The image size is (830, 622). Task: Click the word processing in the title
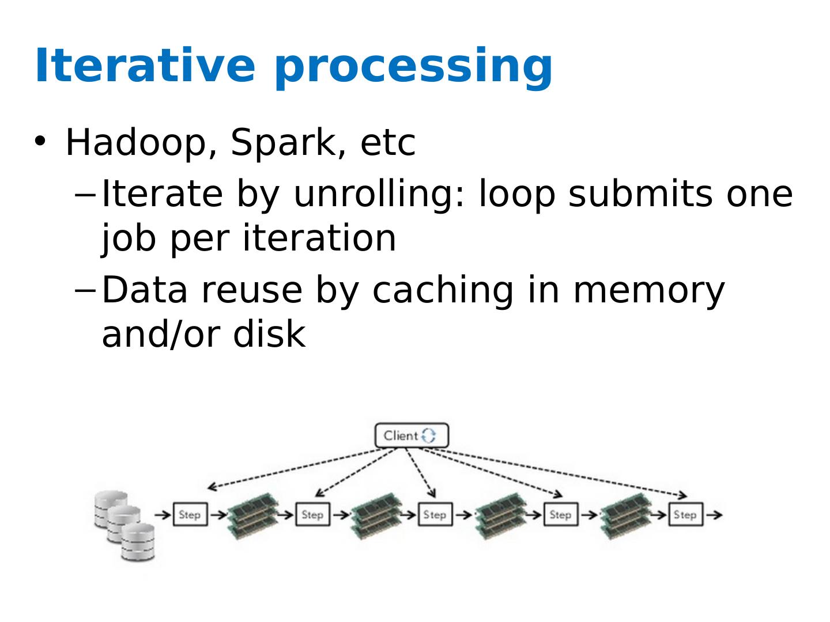pyautogui.click(x=414, y=68)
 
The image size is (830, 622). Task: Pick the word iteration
pyautogui.click(x=319, y=237)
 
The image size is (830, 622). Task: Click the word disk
pyautogui.click(x=269, y=333)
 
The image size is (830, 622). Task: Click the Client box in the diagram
pyautogui.click(x=412, y=435)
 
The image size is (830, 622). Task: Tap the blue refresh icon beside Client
pyautogui.click(x=429, y=435)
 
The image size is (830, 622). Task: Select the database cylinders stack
pyautogui.click(x=124, y=526)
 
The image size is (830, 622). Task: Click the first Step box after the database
pyautogui.click(x=190, y=514)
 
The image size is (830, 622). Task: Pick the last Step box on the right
pyautogui.click(x=685, y=514)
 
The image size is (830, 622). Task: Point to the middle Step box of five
pyautogui.click(x=435, y=514)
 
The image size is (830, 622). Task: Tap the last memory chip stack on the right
pyautogui.click(x=626, y=516)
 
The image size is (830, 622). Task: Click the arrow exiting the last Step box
pyautogui.click(x=714, y=514)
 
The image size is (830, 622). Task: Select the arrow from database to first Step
pyautogui.click(x=163, y=514)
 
